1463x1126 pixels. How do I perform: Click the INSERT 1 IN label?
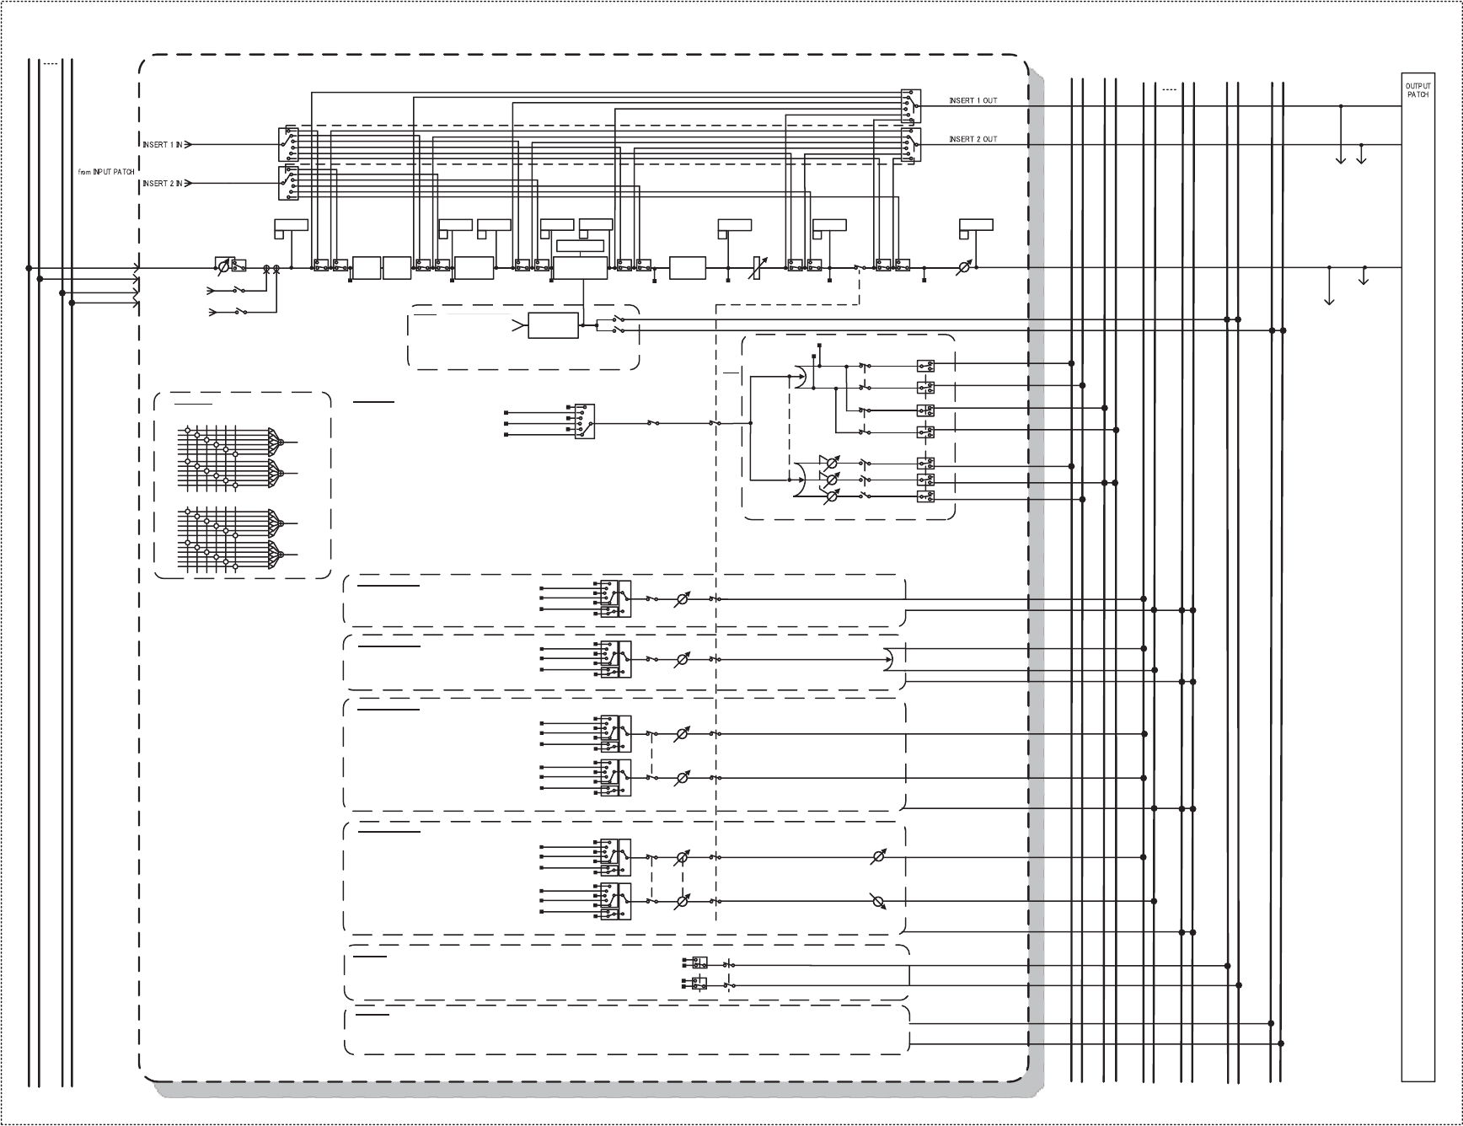tap(162, 145)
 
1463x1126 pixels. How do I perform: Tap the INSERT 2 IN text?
tap(162, 183)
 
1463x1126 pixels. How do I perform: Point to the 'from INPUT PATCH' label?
tap(106, 172)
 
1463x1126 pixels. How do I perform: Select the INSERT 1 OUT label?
tap(973, 101)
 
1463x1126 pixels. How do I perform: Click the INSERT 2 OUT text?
tap(973, 140)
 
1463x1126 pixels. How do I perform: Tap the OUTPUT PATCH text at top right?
tap(1417, 90)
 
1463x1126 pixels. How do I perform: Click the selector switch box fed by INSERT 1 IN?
tap(288, 144)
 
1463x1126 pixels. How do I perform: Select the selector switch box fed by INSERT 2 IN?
tap(288, 183)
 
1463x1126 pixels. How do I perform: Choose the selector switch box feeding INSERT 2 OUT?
tap(911, 144)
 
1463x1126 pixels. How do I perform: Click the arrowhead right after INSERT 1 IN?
tap(189, 145)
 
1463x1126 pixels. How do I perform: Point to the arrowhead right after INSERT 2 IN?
tap(189, 183)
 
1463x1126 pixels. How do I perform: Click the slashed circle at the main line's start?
tap(222, 267)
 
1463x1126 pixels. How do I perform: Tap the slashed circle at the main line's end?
tap(966, 267)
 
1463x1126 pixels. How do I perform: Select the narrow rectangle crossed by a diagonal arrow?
tap(757, 268)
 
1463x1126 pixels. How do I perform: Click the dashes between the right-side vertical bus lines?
tap(1169, 88)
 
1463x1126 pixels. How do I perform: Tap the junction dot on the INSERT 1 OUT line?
tap(1341, 106)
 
